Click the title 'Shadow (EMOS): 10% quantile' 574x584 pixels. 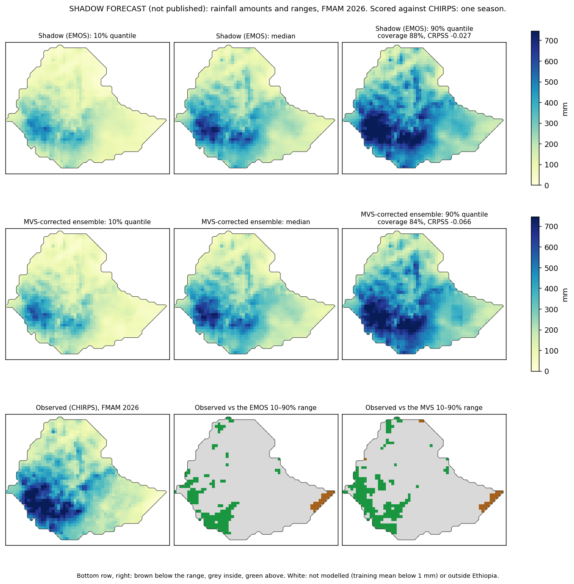point(87,36)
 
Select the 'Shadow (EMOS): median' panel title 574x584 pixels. point(255,36)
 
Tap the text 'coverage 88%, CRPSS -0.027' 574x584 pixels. point(424,36)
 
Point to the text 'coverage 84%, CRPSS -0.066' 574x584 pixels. point(424,222)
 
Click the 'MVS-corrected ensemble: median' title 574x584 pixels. point(255,222)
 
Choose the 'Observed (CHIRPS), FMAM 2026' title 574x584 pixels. point(87,407)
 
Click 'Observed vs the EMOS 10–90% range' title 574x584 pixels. point(255,407)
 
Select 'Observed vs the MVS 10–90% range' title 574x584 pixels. point(424,407)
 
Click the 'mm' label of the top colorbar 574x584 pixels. point(564,109)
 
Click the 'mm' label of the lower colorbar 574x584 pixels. point(564,295)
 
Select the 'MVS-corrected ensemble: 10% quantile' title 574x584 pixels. point(87,222)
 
